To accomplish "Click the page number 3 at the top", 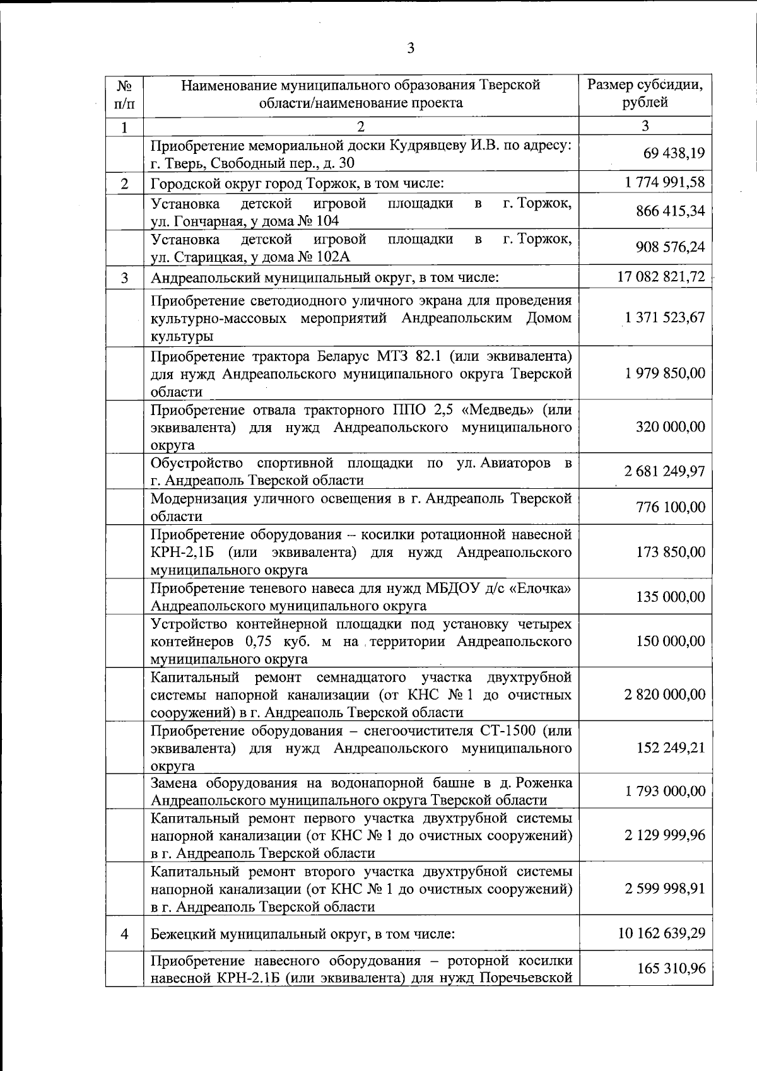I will coord(411,49).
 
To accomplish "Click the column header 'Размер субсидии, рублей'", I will coord(645,94).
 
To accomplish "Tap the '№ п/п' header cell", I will coord(124,94).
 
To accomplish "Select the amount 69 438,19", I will coord(674,153).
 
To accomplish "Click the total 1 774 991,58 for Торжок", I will coord(665,183).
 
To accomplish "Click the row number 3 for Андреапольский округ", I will coord(124,278).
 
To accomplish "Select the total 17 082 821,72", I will coord(661,276).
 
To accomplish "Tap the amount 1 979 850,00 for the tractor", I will coord(665,373).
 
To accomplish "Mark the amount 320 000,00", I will coord(671,427).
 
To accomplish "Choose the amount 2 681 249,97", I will coord(665,471).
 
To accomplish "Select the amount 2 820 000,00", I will coord(665,694).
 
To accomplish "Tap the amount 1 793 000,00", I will coord(665,791).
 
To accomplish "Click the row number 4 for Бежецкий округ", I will coord(124,933).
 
